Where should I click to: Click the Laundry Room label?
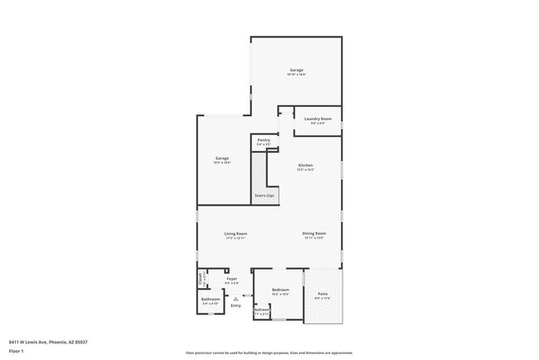tap(318, 119)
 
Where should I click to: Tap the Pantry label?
tap(264, 140)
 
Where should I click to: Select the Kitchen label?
tap(306, 165)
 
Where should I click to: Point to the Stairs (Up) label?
tap(265, 197)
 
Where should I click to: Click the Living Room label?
tap(236, 234)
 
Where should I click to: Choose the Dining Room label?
tap(314, 234)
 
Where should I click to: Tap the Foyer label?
tap(232, 279)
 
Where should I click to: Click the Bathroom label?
tap(211, 299)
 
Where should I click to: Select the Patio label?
tap(323, 294)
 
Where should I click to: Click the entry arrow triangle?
tap(236, 298)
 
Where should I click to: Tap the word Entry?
tap(236, 306)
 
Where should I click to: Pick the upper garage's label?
tap(296, 70)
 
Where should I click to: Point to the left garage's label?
tap(222, 158)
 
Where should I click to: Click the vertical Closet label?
tap(201, 278)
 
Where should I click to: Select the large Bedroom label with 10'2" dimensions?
tap(280, 289)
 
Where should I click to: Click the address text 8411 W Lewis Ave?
tap(48, 341)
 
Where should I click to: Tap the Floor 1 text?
tap(17, 351)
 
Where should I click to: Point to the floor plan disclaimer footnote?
tap(269, 353)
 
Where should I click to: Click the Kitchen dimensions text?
tap(306, 170)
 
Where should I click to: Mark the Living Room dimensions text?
tap(236, 239)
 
